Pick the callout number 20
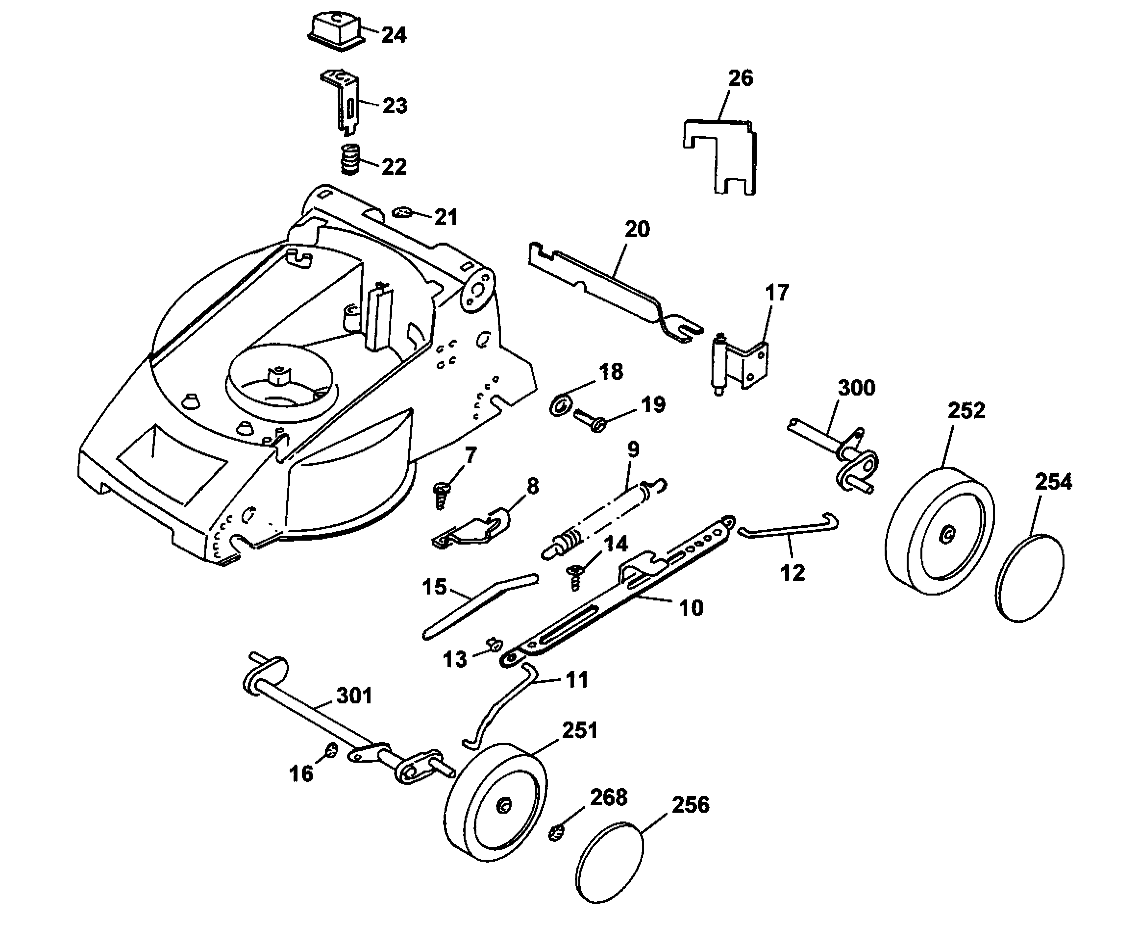(x=637, y=229)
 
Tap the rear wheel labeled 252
(x=940, y=533)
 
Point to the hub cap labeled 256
(x=609, y=863)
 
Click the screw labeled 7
(x=441, y=495)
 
